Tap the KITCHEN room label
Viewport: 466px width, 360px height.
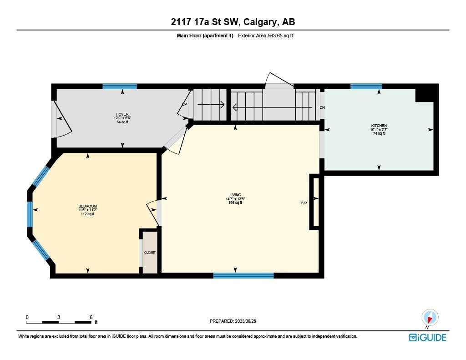tap(379, 125)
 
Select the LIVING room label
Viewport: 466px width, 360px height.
tap(235, 195)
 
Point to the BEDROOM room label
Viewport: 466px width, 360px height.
tap(87, 206)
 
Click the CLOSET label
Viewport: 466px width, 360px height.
tap(150, 252)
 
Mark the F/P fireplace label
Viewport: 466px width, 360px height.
tap(304, 203)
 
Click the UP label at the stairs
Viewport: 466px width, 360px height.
tap(184, 104)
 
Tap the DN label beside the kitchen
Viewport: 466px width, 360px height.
tap(322, 107)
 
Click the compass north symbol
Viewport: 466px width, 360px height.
tap(430, 317)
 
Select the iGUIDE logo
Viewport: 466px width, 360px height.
tap(427, 337)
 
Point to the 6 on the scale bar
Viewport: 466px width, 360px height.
tap(91, 317)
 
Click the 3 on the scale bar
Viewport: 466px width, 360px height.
tap(59, 317)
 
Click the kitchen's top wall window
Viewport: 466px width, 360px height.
tap(366, 86)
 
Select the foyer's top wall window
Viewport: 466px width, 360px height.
tap(120, 86)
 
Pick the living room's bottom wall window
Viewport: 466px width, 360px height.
tap(243, 275)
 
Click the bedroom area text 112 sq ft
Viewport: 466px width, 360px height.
tap(87, 214)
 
